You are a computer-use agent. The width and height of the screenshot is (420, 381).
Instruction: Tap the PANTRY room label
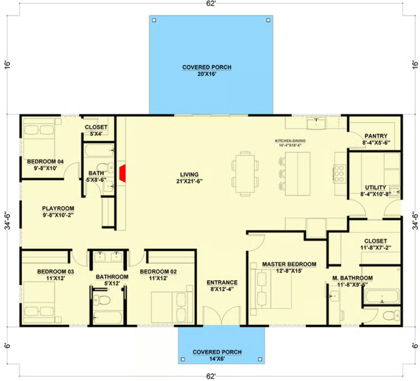376,136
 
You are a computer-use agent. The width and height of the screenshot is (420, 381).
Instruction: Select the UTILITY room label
375,188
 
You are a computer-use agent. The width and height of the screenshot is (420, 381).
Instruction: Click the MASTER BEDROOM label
289,264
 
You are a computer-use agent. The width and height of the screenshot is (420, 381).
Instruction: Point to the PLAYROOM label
58,208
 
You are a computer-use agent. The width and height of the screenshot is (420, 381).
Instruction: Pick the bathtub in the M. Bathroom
382,296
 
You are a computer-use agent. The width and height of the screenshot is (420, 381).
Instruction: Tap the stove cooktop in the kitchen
339,174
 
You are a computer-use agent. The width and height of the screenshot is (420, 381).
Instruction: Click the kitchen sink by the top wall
316,123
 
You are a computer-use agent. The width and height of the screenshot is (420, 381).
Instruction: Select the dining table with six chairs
245,174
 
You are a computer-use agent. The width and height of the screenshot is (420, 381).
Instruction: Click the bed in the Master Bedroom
271,289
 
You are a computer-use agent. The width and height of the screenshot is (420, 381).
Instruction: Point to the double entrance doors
221,315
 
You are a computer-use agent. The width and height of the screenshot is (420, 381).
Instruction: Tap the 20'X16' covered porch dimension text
207,74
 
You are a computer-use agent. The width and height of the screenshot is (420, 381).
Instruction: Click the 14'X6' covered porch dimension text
217,359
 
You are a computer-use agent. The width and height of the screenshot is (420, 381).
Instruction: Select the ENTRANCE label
222,282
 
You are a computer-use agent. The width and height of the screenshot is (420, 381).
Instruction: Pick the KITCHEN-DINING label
290,141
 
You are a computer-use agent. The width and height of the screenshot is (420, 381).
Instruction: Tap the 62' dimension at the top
211,3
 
